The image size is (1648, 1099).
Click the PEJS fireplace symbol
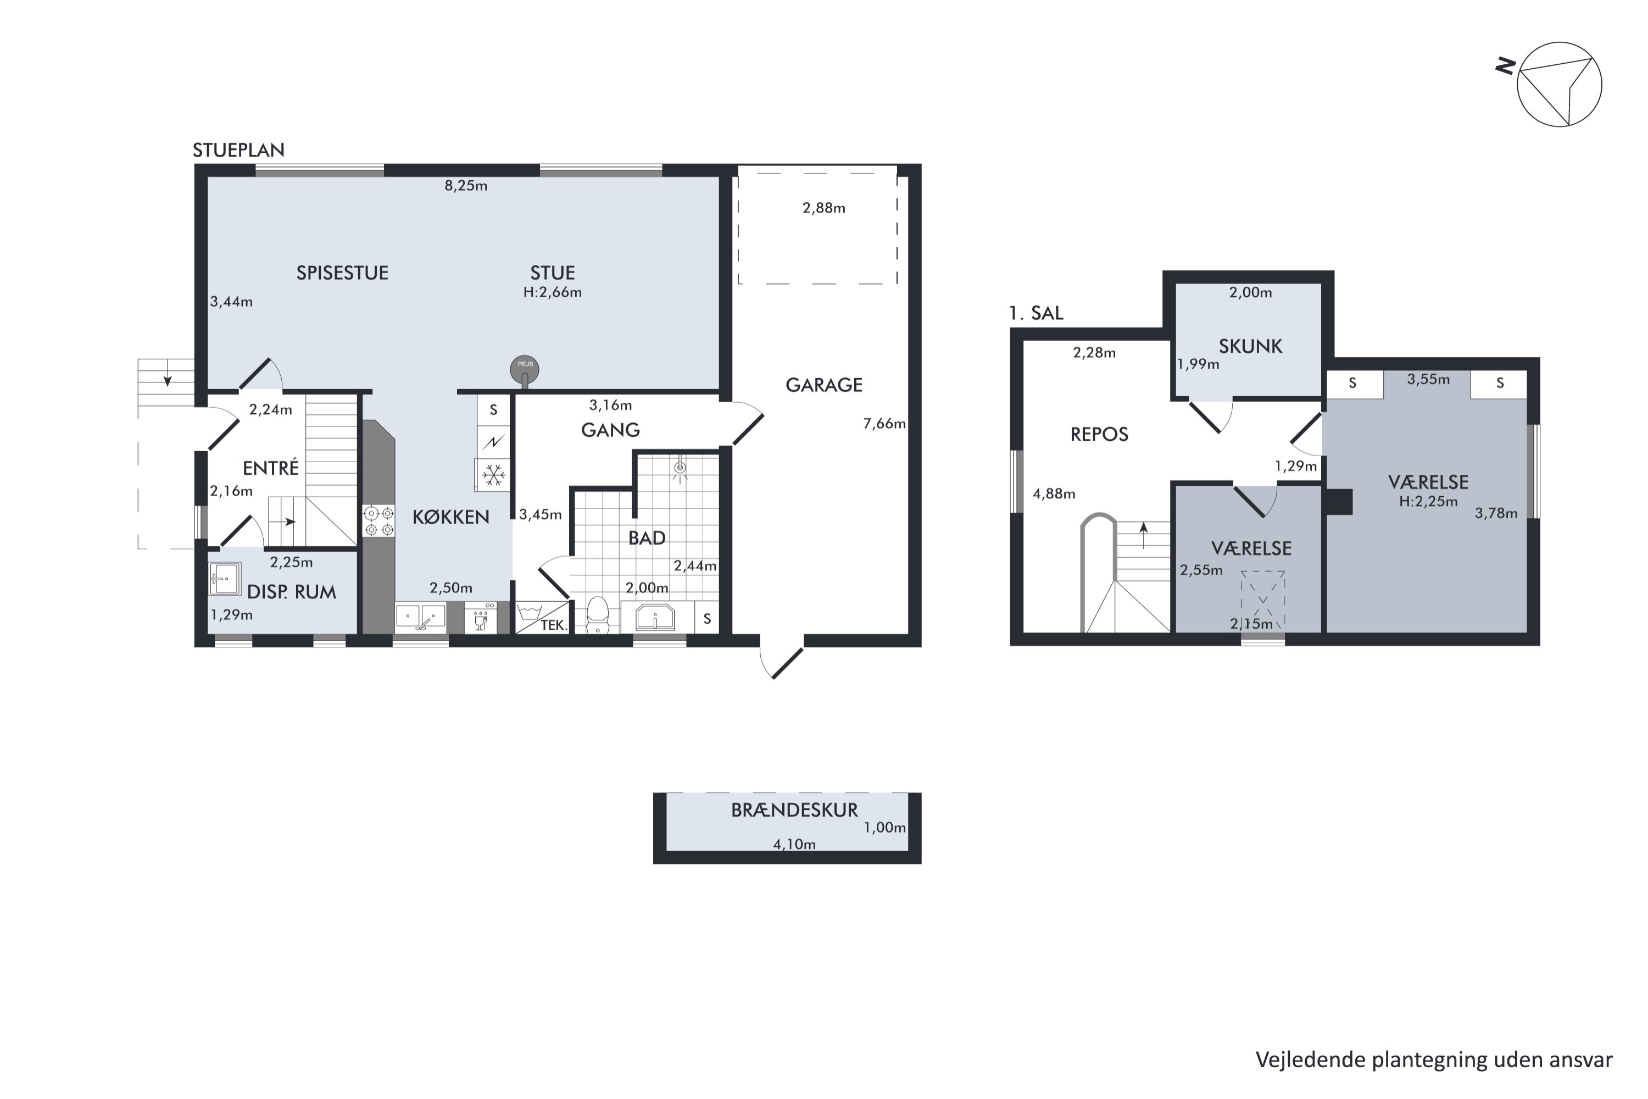click(x=525, y=370)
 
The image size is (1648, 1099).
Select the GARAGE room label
click(x=823, y=385)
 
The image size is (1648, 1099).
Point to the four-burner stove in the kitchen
click(x=378, y=521)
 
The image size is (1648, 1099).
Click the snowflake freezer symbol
click(x=493, y=475)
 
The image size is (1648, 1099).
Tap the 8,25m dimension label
click(x=466, y=186)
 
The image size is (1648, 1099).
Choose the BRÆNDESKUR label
click(x=794, y=810)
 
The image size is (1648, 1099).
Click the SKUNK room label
click(x=1250, y=346)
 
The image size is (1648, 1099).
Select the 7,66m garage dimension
click(x=884, y=423)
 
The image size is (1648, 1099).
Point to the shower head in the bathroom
click(x=679, y=468)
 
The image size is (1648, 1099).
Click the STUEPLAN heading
click(x=238, y=150)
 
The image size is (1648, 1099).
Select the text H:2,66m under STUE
click(x=552, y=292)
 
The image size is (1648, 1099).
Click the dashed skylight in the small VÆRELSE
click(x=1262, y=600)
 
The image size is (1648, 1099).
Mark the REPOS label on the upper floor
click(x=1099, y=435)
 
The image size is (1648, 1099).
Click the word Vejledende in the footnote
click(x=1300, y=1061)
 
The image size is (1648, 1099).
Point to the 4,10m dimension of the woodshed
click(x=794, y=845)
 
